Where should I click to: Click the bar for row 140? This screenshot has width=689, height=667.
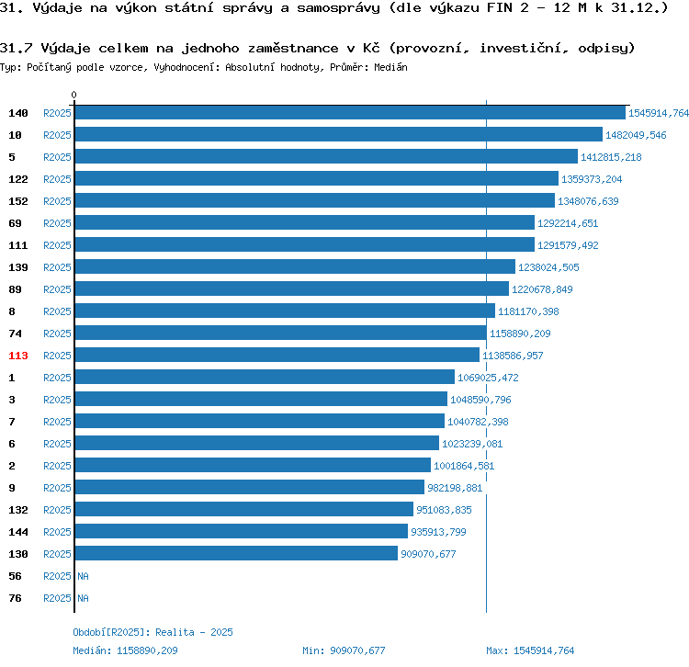click(349, 113)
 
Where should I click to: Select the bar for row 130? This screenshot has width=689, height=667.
click(236, 554)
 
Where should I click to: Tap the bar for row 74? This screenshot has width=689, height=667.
click(280, 333)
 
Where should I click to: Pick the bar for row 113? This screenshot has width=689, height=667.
click(277, 356)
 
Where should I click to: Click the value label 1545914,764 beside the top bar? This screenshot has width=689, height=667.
click(658, 113)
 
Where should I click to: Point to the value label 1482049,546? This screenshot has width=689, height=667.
click(636, 135)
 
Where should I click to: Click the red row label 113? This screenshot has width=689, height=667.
click(18, 356)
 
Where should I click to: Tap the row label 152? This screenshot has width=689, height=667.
click(18, 201)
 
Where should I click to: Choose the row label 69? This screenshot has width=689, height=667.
click(15, 223)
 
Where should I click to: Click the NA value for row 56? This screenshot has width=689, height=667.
click(83, 576)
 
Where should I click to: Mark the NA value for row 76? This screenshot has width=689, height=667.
click(83, 598)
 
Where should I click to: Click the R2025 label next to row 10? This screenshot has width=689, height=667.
click(57, 135)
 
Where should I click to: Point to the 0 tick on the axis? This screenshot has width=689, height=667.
click(74, 95)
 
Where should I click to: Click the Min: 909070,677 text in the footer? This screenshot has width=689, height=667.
click(344, 650)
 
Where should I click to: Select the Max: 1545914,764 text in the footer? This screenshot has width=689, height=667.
click(530, 650)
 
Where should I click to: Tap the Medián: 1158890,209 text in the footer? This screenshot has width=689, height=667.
click(125, 650)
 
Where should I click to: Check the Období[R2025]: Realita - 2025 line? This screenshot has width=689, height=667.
click(152, 632)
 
